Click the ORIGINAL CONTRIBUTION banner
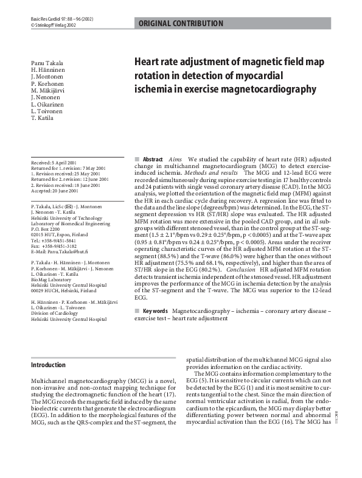[181, 24]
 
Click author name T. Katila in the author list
[42, 118]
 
